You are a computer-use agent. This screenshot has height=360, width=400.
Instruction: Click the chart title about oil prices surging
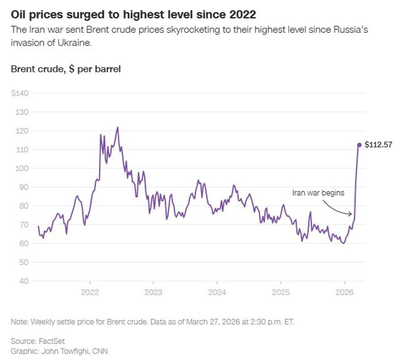[x=133, y=15]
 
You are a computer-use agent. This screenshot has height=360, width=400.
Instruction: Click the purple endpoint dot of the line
[x=359, y=145]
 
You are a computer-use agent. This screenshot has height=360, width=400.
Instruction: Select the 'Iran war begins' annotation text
[x=318, y=193]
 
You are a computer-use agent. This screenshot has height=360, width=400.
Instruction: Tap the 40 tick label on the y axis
[x=23, y=281]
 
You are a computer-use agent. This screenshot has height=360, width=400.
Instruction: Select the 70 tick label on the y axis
[x=23, y=224]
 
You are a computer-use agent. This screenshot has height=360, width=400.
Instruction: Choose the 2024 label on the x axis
[x=217, y=293]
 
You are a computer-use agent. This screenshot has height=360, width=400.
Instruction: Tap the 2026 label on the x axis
[x=344, y=293]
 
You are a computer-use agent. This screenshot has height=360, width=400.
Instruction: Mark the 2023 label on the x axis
[x=153, y=293]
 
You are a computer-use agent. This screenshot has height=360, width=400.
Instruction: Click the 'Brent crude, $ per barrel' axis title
[x=66, y=69]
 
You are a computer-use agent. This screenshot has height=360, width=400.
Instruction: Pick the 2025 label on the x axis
[x=281, y=293]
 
